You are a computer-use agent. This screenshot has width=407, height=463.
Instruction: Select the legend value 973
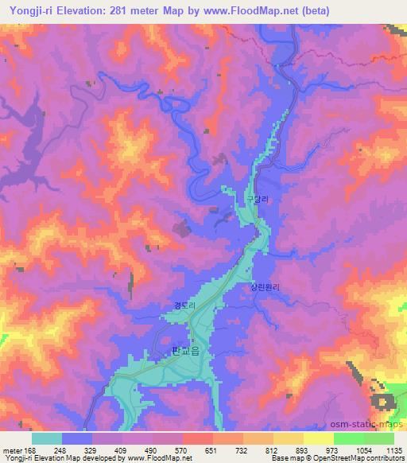point(334,449)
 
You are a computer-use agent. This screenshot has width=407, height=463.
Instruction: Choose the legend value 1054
point(363,449)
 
